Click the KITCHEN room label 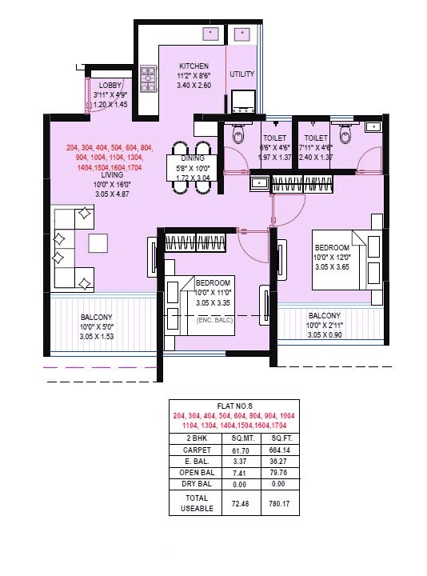194,66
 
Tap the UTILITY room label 241,74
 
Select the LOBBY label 110,85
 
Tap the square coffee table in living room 98,243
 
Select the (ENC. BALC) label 214,319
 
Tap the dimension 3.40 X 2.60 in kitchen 194,84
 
